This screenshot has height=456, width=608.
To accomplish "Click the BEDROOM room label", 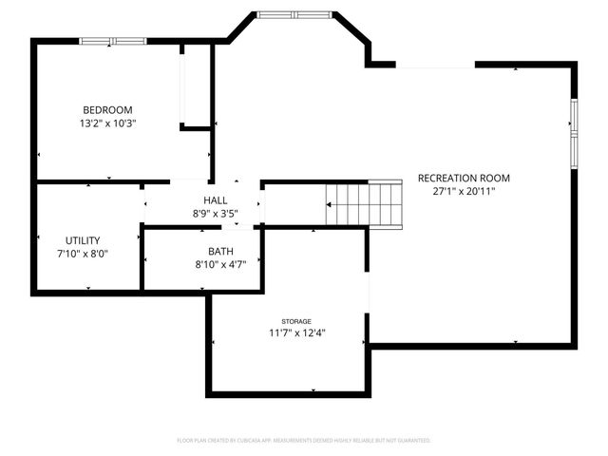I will click(107, 110).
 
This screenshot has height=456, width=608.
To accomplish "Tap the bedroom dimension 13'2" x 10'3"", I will click(107, 123).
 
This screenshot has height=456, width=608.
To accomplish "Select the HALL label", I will click(215, 200).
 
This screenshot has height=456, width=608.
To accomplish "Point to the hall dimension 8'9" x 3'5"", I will click(215, 214).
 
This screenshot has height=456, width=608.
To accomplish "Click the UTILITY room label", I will click(83, 240).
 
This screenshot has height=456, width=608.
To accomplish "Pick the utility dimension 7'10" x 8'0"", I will click(83, 254).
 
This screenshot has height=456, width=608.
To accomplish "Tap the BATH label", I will click(221, 252).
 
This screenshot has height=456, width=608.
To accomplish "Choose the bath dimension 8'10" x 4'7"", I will click(221, 265).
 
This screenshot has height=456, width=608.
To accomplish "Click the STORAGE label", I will click(295, 322).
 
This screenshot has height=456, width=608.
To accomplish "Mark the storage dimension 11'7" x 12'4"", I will click(295, 333).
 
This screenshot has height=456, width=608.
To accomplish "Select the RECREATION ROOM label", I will click(464, 178).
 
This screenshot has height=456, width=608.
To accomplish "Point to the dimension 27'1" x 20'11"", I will click(464, 191).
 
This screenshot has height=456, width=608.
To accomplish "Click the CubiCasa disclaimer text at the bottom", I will click(304, 441).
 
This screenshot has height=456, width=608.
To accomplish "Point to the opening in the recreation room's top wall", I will click(435, 65).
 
